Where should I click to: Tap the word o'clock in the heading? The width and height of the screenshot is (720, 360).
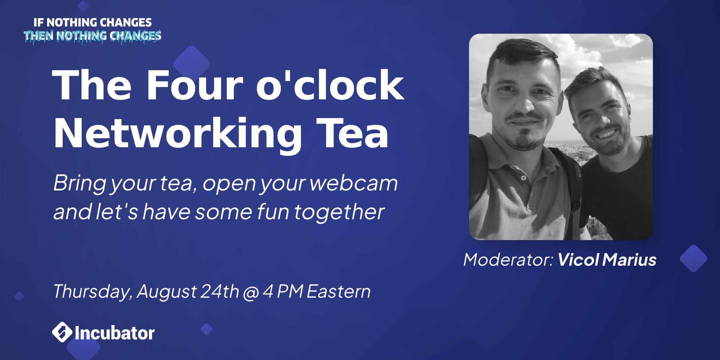point(330,86)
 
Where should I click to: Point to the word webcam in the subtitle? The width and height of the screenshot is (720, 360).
point(354,184)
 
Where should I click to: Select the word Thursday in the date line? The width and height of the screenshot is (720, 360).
point(92,291)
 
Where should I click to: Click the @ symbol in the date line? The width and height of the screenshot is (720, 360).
point(251,292)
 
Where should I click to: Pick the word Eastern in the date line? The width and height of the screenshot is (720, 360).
point(338,291)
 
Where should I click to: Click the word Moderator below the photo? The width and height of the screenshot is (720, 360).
point(508,260)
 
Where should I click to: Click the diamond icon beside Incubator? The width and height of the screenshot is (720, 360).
point(62,333)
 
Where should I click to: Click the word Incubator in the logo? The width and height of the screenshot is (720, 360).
point(115,333)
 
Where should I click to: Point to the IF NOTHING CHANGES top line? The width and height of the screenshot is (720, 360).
point(93,23)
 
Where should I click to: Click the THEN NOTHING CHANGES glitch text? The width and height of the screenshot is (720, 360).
point(93,36)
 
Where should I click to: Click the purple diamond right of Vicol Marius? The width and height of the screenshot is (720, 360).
point(693,258)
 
